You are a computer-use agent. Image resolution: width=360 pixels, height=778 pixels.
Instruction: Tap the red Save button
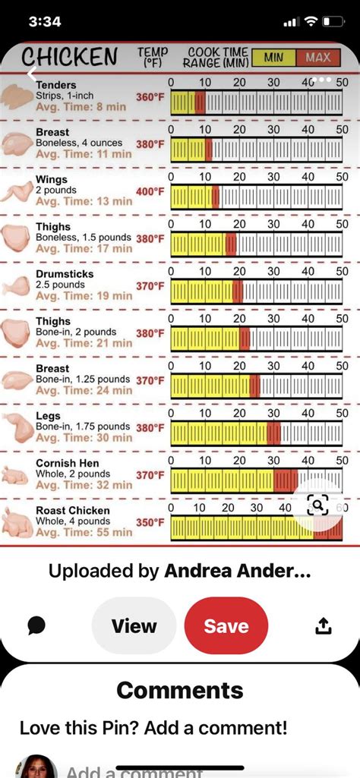tap(226, 625)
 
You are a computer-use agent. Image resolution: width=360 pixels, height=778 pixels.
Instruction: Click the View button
tap(134, 625)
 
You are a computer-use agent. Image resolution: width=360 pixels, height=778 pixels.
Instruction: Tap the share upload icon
tap(323, 625)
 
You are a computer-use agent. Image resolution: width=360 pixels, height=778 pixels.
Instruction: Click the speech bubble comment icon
tap(36, 625)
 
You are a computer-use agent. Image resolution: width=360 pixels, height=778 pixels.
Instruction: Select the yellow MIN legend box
tap(273, 58)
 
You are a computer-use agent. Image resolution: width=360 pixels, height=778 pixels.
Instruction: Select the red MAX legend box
tap(318, 58)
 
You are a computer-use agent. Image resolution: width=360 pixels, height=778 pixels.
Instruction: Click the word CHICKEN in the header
tap(69, 57)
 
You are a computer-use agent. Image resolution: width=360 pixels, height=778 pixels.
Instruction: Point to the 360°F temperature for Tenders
tap(150, 97)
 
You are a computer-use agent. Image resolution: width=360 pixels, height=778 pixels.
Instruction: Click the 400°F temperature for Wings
tap(150, 192)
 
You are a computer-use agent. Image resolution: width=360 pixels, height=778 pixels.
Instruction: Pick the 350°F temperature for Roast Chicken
tap(150, 523)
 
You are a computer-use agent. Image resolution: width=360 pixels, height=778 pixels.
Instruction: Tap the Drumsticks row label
tap(64, 274)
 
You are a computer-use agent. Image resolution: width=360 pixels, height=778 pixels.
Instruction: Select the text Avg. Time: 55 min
tap(84, 533)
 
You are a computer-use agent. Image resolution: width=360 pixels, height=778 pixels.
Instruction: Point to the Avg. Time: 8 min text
tap(81, 107)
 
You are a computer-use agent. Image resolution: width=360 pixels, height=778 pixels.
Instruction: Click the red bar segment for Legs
tap(273, 433)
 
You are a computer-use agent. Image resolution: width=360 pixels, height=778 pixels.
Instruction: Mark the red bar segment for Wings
tap(216, 197)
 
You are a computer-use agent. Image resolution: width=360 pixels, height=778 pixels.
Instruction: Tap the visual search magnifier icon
tap(317, 504)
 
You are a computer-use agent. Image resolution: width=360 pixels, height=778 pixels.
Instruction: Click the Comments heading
tap(180, 690)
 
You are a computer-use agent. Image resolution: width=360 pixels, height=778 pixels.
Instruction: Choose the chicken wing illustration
tap(17, 191)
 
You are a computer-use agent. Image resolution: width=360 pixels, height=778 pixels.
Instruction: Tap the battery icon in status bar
tap(333, 21)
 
